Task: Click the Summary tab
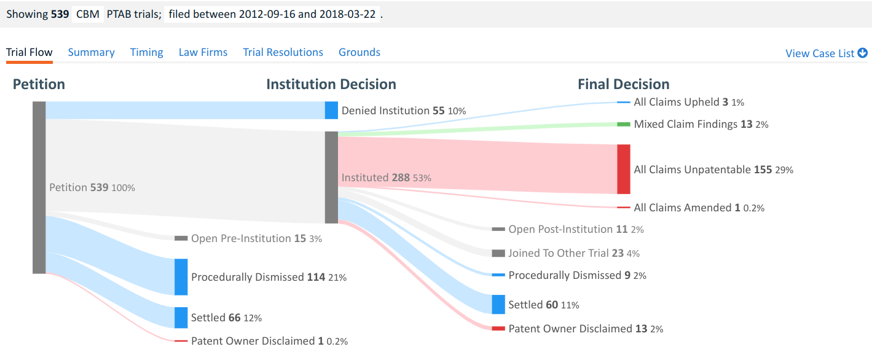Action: click(91, 52)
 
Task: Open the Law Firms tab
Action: click(203, 52)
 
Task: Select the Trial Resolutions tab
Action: click(283, 52)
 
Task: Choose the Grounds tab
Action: click(359, 52)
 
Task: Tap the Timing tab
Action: click(146, 52)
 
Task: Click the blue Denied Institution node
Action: click(331, 111)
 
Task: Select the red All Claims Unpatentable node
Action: click(624, 170)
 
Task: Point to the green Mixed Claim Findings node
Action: click(624, 124)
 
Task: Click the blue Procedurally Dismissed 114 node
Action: click(181, 277)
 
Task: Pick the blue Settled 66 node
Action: click(181, 318)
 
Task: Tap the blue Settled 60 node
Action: click(498, 305)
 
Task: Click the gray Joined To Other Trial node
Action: click(498, 253)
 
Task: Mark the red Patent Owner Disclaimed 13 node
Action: click(498, 329)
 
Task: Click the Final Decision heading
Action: click(623, 84)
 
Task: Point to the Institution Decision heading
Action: click(331, 84)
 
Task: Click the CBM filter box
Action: click(87, 14)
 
